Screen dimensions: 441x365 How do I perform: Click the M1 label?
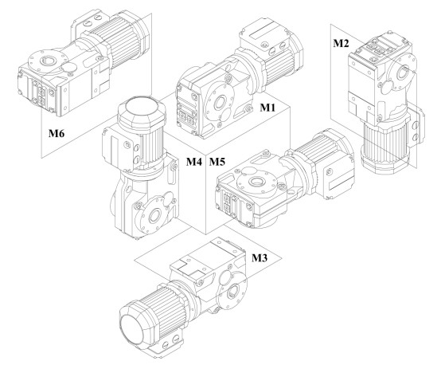pos(267,108)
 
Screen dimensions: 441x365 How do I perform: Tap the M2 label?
pos(341,43)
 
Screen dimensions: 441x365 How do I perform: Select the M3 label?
pos(260,257)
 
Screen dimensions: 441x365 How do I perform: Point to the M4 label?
pos(194,162)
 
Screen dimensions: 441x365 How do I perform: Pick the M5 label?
pos(217,162)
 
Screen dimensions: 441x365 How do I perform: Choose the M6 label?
pos(57,133)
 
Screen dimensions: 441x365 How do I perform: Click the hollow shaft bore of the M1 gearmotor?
pos(220,103)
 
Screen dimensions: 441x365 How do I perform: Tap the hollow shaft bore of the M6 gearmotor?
pos(48,60)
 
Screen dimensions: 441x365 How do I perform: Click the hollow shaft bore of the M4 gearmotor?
pos(154,216)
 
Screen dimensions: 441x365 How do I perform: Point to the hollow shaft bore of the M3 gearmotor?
pos(233,291)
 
